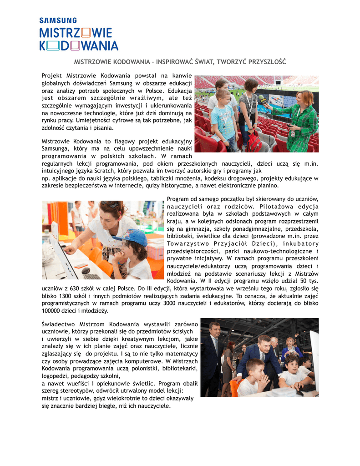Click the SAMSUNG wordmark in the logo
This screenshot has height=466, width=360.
58,20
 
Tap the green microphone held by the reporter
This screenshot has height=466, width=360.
263,100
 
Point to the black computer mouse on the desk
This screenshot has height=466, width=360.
86,270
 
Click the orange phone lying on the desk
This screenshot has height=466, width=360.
81,265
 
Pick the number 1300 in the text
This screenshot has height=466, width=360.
67,296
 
